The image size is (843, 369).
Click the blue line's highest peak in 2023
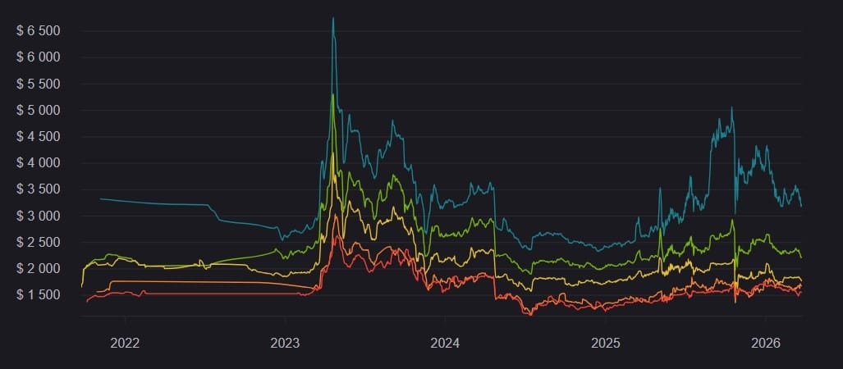coord(332,18)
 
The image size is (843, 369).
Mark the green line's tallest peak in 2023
coord(332,95)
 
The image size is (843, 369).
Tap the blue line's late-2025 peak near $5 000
coord(731,107)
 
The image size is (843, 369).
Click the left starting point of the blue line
coord(100,198)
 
